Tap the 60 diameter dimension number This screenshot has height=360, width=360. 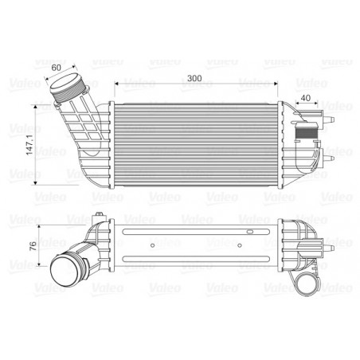[57, 68]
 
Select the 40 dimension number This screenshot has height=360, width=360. [306, 100]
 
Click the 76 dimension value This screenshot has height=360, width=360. [32, 245]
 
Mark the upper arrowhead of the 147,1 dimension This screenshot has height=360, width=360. [38, 107]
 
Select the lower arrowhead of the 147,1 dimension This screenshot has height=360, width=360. [38, 184]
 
